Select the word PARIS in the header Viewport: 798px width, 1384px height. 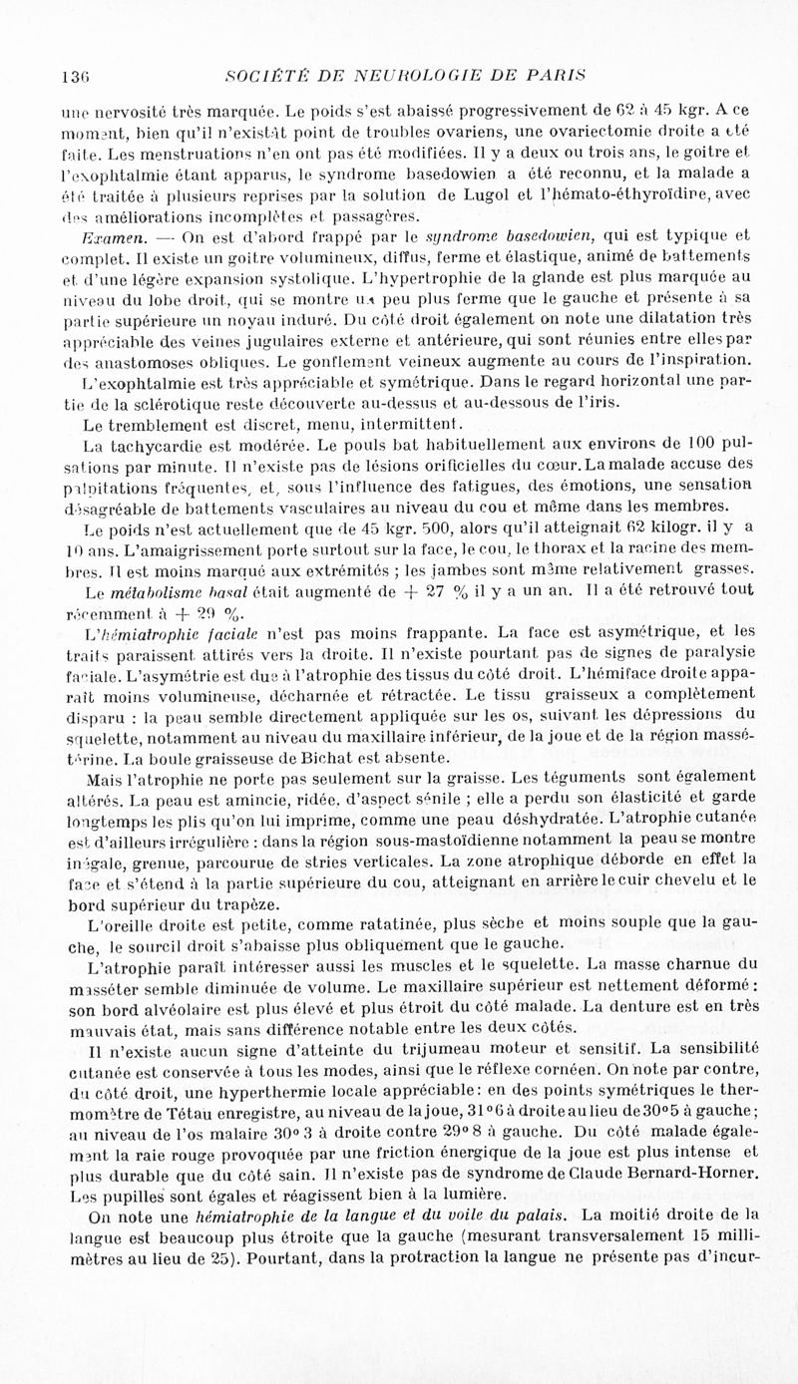pos(557,76)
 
